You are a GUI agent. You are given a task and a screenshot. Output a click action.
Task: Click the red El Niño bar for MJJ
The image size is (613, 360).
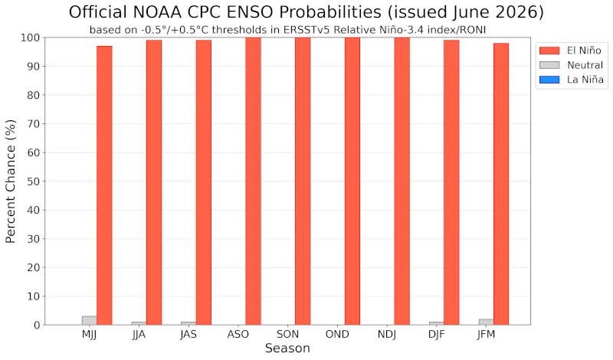click(104, 185)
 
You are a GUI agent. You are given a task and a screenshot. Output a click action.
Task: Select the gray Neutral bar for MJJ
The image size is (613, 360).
click(90, 320)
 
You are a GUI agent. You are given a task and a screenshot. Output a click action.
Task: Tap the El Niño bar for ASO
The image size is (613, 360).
click(254, 181)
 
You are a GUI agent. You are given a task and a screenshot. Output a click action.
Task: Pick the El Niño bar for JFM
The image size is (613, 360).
click(501, 184)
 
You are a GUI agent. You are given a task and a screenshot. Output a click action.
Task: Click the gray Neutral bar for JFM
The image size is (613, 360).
click(487, 322)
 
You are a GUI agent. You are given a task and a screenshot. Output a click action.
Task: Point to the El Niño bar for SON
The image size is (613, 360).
click(303, 181)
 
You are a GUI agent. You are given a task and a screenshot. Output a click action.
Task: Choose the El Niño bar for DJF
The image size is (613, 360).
click(451, 182)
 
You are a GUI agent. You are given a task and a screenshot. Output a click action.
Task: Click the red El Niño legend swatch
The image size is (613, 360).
click(549, 51)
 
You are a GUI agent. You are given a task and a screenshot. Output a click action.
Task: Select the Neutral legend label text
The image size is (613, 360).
click(585, 65)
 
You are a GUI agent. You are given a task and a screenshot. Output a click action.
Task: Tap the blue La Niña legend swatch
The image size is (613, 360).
click(549, 80)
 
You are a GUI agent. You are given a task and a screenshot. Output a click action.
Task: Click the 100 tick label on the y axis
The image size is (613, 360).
click(31, 38)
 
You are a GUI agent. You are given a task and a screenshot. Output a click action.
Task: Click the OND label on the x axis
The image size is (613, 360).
click(337, 335)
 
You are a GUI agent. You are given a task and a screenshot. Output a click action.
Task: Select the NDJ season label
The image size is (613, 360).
click(387, 335)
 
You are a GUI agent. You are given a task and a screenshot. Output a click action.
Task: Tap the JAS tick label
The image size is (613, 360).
click(188, 335)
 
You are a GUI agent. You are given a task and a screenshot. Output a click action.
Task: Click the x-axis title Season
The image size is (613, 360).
click(287, 349)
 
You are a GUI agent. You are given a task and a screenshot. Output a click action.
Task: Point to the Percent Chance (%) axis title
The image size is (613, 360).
click(11, 182)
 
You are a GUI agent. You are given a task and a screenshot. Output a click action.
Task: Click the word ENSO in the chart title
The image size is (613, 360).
click(249, 12)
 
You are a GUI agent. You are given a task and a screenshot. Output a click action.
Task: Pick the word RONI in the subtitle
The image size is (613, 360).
click(474, 30)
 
